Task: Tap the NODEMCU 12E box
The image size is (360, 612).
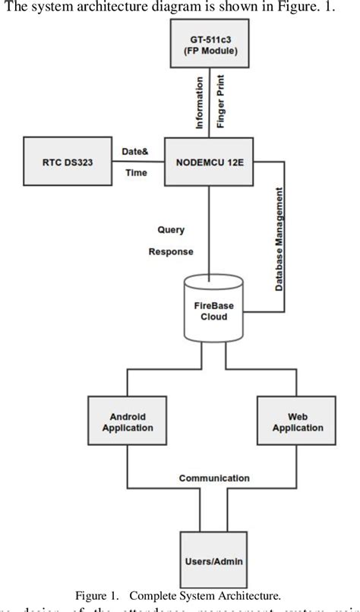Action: click(x=210, y=162)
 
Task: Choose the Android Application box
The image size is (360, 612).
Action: click(x=128, y=422)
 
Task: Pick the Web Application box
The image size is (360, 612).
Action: click(x=296, y=422)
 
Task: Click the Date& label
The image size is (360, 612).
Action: click(x=134, y=152)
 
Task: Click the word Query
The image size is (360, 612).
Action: click(x=171, y=229)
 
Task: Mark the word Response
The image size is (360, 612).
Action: click(x=171, y=251)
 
